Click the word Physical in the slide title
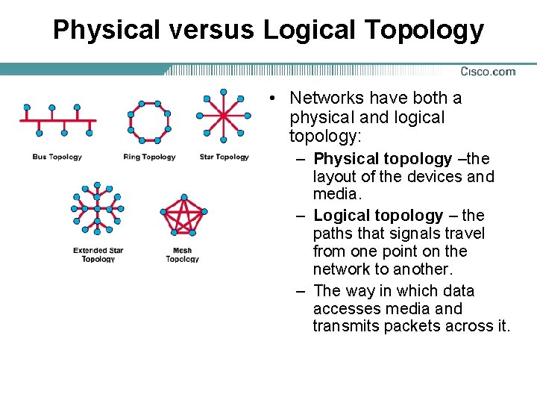pyautogui.click(x=107, y=30)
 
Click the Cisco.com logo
pyautogui.click(x=488, y=72)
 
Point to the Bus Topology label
pyautogui.click(x=57, y=157)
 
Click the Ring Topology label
pyautogui.click(x=149, y=157)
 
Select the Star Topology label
pyautogui.click(x=224, y=157)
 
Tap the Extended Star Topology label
pyautogui.click(x=98, y=254)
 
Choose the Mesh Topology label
pyautogui.click(x=182, y=254)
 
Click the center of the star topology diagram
pyautogui.click(x=223, y=116)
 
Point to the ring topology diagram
pyautogui.click(x=149, y=121)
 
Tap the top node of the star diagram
pyautogui.click(x=223, y=92)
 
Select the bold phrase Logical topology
pyautogui.click(x=378, y=216)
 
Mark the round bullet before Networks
pyautogui.click(x=274, y=99)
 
